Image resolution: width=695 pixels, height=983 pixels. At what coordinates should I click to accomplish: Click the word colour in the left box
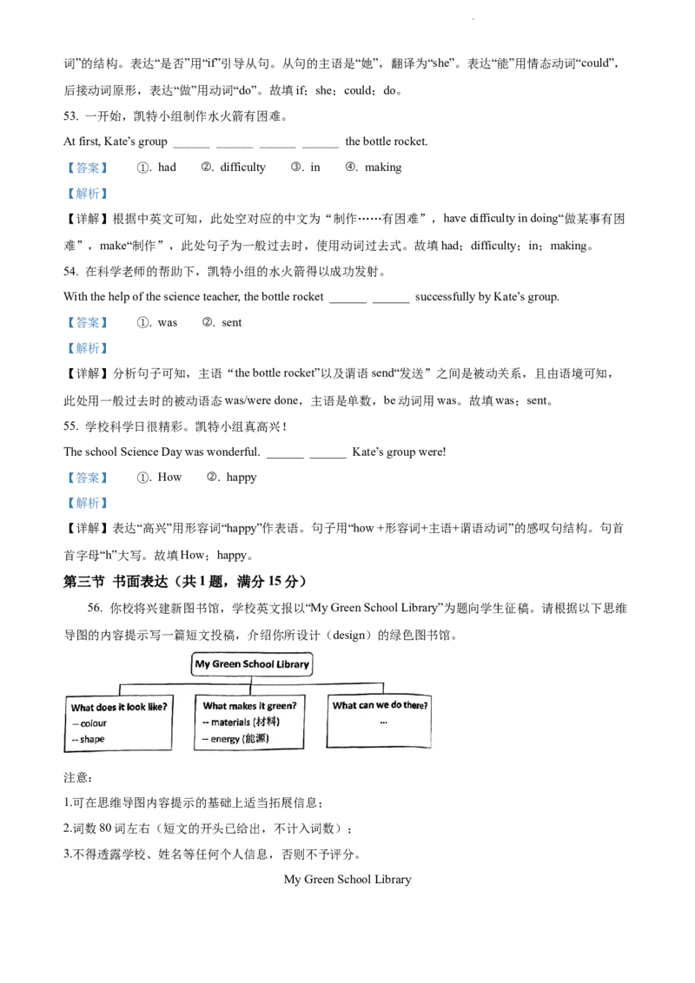[93, 723]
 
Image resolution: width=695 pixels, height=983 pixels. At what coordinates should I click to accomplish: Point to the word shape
[92, 740]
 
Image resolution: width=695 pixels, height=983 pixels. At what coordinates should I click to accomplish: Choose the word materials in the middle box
[231, 722]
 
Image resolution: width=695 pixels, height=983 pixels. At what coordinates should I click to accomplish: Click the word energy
[226, 739]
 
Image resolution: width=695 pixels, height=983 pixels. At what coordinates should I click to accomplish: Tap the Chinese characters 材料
[267, 722]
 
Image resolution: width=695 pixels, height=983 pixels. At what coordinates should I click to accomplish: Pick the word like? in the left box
[157, 707]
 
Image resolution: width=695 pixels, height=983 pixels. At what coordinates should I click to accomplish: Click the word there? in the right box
[415, 705]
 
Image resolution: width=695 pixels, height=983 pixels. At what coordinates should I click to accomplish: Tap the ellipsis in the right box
[383, 722]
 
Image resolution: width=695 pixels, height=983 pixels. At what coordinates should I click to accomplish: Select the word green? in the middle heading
[281, 706]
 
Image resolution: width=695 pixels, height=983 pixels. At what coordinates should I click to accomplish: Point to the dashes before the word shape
[76, 740]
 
